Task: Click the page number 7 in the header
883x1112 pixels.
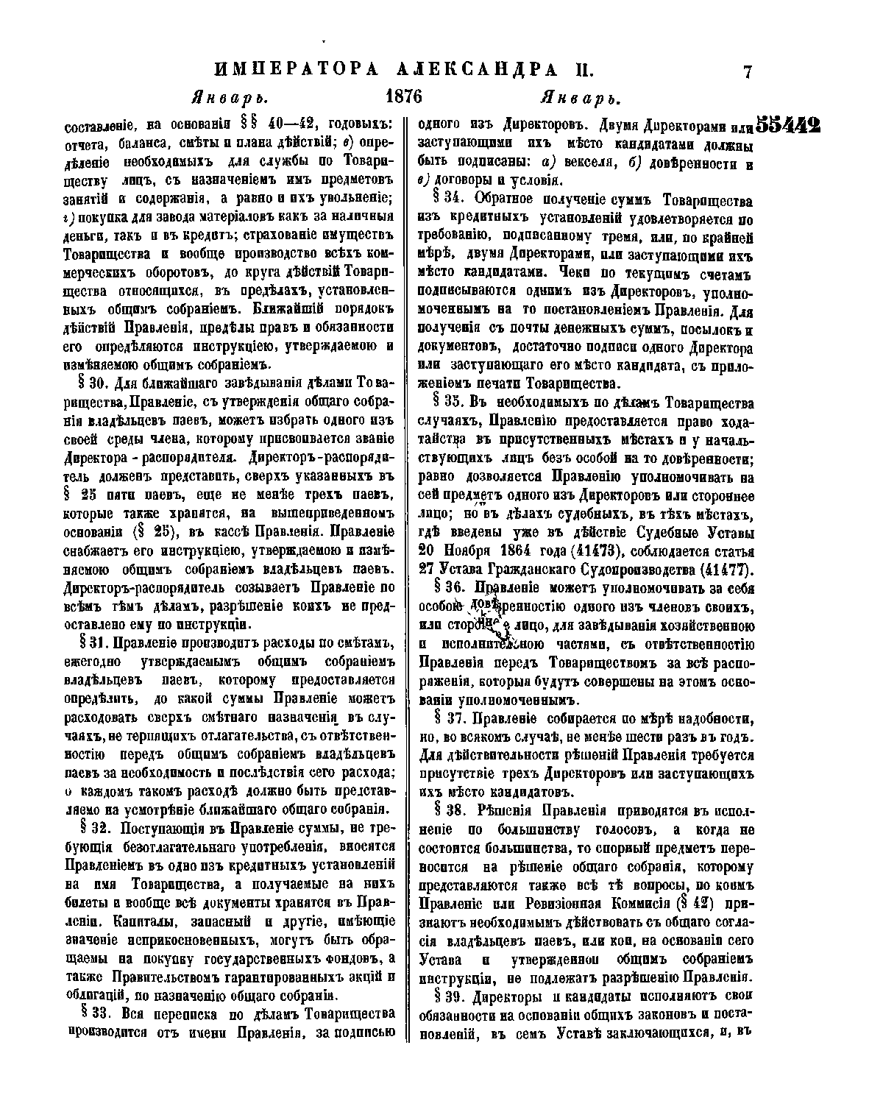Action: pos(748,72)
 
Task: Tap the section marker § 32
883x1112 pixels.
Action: pos(90,826)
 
